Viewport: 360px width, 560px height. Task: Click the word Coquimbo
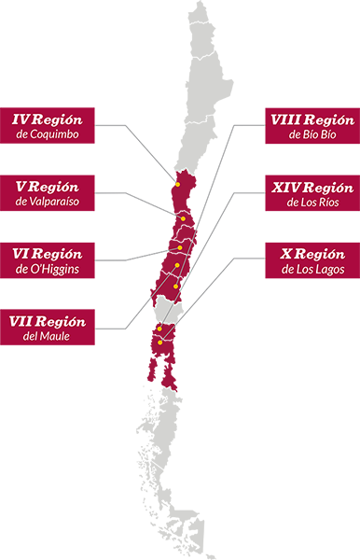pyautogui.click(x=54, y=135)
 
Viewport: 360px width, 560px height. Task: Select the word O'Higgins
pyautogui.click(x=54, y=270)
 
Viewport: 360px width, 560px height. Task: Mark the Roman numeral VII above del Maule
pyautogui.click(x=21, y=321)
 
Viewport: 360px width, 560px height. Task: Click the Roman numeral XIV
pyautogui.click(x=286, y=187)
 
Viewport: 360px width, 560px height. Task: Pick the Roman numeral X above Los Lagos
pyautogui.click(x=287, y=254)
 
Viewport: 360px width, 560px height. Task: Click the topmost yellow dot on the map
pyautogui.click(x=176, y=184)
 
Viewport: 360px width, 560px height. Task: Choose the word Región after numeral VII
pyautogui.click(x=62, y=321)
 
